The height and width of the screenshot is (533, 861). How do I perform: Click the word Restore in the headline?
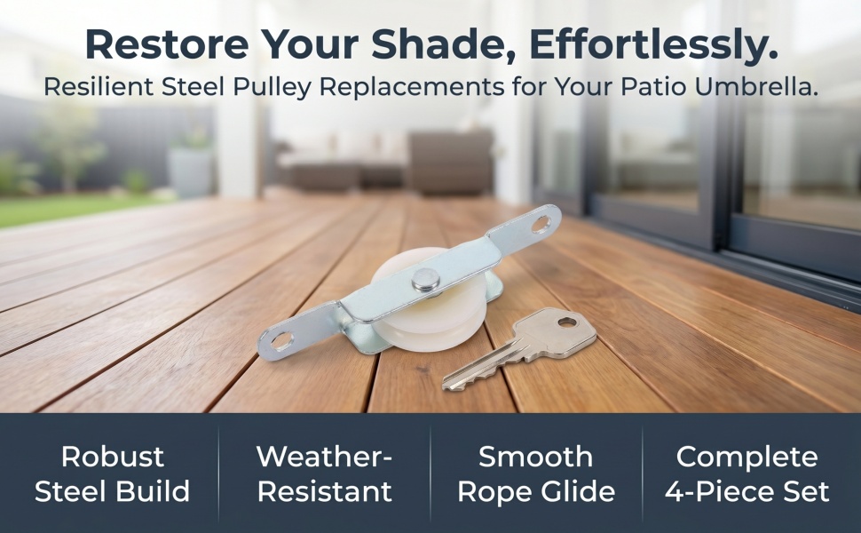point(167,45)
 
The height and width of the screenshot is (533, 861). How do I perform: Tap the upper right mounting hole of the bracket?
point(541,224)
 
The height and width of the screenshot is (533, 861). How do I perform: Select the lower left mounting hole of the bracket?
point(281,341)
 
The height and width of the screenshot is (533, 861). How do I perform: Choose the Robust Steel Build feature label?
point(112,473)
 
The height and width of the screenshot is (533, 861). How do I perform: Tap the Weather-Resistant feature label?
point(325,473)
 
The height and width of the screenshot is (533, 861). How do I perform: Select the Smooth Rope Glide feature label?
point(536,473)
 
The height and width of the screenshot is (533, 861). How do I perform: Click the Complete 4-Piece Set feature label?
point(746,473)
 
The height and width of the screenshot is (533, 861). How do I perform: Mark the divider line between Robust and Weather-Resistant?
point(218,473)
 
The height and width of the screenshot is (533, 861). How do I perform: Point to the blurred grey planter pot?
point(190,172)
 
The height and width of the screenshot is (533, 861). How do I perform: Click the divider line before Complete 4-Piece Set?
point(642,473)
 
